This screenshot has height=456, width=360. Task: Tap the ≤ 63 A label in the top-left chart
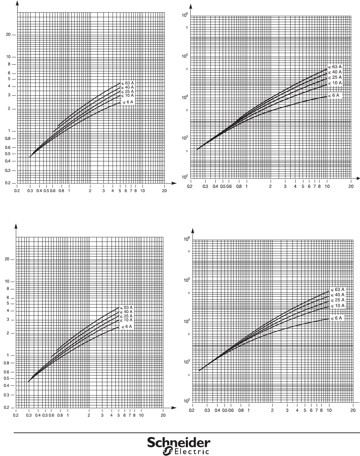point(127,83)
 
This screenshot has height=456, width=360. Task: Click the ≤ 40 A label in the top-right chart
point(335,72)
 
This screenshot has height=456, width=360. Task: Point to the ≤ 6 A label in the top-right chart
point(334,95)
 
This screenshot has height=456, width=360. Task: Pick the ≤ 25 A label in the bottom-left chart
point(126,316)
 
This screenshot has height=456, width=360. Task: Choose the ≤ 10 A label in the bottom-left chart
point(126,320)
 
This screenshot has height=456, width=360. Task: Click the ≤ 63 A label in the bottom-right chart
point(337,290)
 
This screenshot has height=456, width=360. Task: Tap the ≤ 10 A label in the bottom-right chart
point(337,306)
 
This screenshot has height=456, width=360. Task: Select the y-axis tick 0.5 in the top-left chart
point(11,154)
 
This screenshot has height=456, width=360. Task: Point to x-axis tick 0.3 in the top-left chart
point(30,191)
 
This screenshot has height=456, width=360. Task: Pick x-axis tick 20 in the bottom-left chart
point(163,415)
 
